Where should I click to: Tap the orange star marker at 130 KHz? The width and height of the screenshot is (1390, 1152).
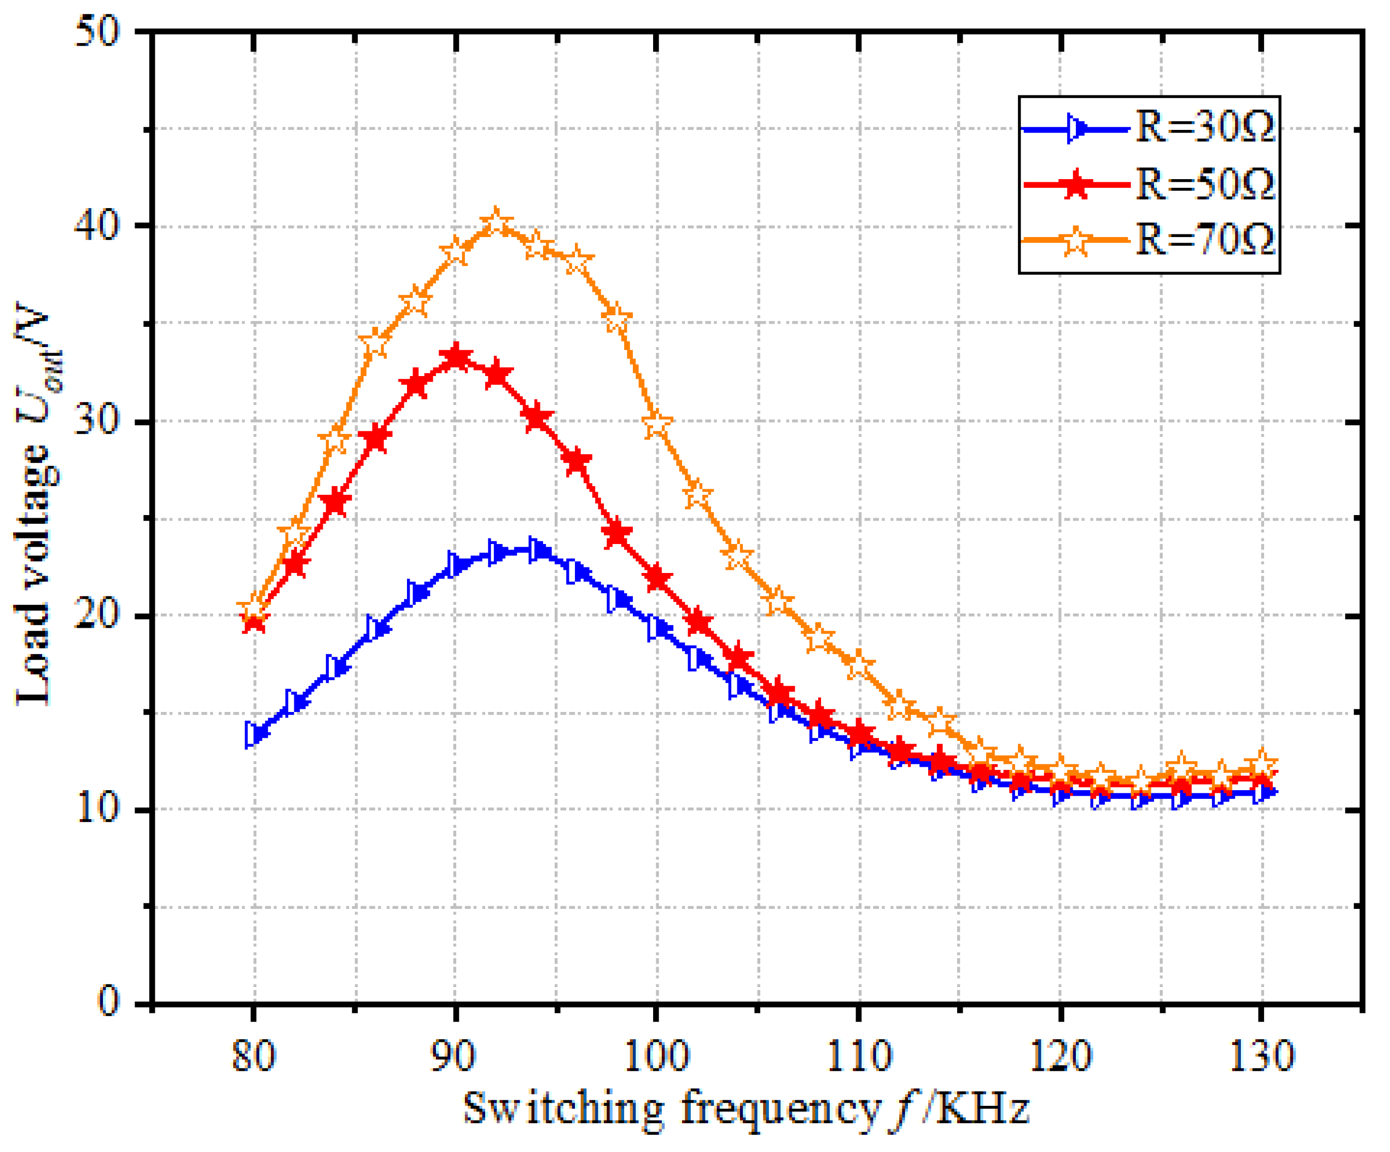(1262, 763)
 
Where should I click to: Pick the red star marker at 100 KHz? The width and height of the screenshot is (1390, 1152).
(657, 578)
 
